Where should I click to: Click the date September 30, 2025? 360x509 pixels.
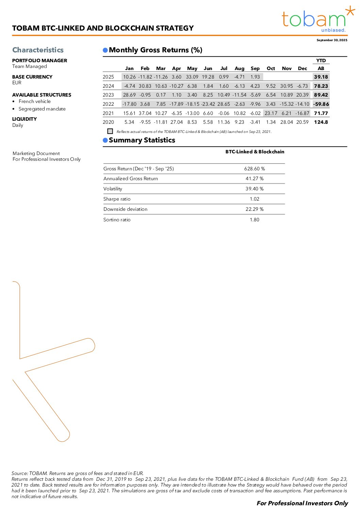tap(332, 40)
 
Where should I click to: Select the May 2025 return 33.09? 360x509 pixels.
tap(192, 77)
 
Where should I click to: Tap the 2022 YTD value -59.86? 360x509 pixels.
tap(321, 104)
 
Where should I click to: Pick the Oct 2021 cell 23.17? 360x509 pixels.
tap(271, 113)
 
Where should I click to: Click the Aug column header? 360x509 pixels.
tap(240, 68)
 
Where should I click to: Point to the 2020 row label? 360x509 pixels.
tap(109, 122)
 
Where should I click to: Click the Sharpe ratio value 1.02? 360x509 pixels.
tap(255, 199)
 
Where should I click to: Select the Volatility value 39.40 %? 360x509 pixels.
tap(255, 189)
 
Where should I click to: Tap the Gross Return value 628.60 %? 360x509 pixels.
tap(255, 169)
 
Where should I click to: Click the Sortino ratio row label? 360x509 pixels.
tap(117, 220)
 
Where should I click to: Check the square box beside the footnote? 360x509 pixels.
tap(110, 131)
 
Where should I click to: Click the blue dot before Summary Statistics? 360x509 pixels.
tap(105, 140)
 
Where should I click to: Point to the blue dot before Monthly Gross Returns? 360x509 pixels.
tap(105, 50)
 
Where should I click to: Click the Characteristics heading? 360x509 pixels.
tap(38, 50)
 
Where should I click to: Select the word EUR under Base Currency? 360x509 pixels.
tap(17, 83)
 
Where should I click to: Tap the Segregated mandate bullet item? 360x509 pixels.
tap(42, 109)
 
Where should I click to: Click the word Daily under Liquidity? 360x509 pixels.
tap(18, 125)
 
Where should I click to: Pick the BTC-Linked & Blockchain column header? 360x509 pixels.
tap(255, 152)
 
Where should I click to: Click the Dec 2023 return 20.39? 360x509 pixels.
tap(302, 95)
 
